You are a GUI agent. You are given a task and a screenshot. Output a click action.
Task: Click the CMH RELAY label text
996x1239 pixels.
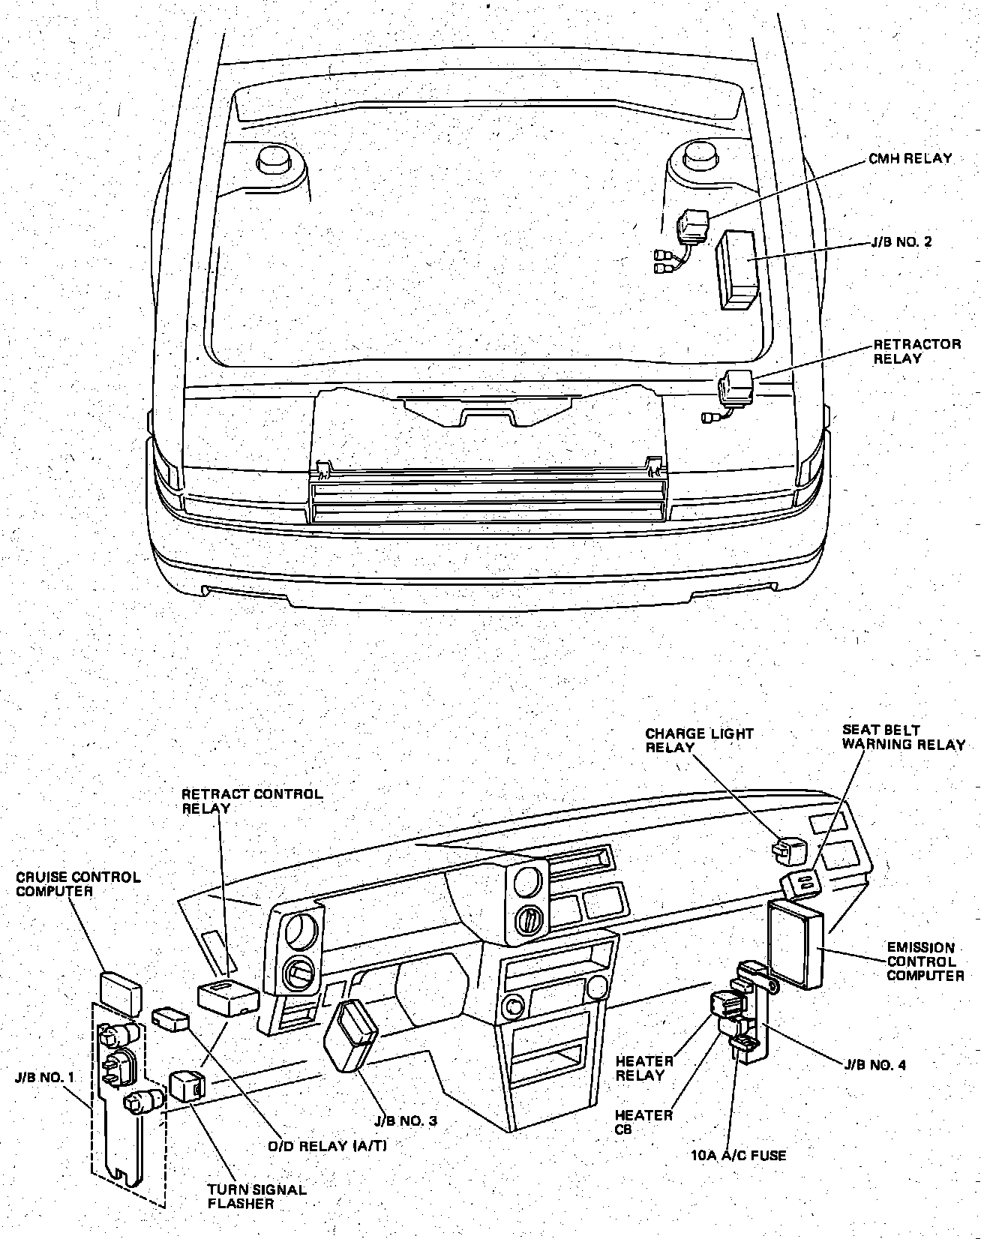[910, 159]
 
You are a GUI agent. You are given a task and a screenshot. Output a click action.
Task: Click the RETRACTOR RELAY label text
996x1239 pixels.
[916, 351]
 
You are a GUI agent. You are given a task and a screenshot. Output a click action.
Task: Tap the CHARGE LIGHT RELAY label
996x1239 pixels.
[699, 740]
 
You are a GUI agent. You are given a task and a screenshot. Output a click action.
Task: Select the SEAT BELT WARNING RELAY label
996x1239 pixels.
[903, 736]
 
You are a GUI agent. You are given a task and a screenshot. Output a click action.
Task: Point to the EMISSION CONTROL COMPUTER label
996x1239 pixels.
[925, 961]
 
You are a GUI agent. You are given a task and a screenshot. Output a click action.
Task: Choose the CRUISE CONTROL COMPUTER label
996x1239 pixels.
[79, 883]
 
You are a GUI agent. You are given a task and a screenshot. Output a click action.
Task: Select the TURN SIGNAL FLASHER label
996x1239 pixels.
[256, 1196]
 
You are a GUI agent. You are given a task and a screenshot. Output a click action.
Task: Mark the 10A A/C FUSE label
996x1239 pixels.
[738, 1156]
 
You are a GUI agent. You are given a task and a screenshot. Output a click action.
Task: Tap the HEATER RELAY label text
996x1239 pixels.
[643, 1068]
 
